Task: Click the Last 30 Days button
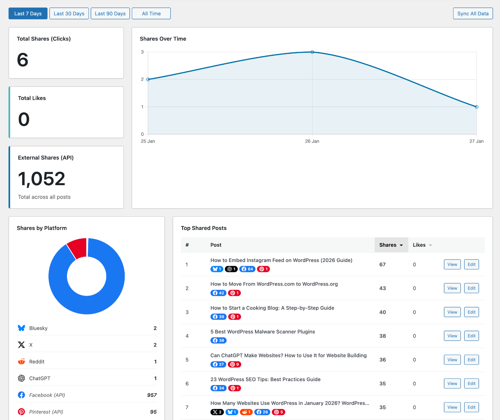coord(69,13)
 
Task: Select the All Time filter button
coord(151,13)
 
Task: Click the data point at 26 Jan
coord(312,52)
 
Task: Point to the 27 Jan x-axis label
coord(476,141)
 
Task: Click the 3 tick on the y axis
coord(142,52)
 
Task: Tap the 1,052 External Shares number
coord(42,179)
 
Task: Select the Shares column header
coord(391,245)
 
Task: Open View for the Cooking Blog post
coord(452,312)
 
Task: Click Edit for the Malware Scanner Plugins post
coord(471,336)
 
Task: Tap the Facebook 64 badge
coord(247,269)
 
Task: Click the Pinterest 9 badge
coord(234,364)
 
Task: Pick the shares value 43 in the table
coord(382,288)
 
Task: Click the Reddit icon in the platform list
coord(21,361)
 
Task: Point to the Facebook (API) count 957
coord(152,395)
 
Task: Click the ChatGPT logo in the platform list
coord(21,378)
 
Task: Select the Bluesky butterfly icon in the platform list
coord(21,328)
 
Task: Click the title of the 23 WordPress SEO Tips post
coord(265,379)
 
